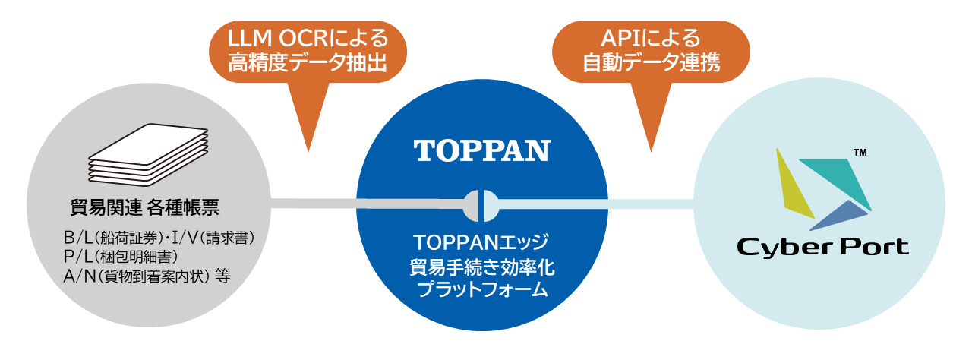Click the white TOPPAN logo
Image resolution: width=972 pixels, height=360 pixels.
click(481, 150)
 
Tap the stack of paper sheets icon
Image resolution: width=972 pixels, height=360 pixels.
click(148, 155)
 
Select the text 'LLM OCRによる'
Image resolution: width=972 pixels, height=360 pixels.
click(308, 38)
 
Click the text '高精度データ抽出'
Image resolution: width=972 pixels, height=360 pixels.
click(308, 62)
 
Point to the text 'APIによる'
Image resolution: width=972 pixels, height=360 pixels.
click(651, 38)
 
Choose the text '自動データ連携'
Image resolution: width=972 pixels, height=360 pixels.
click(651, 62)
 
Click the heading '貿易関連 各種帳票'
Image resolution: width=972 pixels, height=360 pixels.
click(144, 207)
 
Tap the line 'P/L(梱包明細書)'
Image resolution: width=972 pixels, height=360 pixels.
click(121, 257)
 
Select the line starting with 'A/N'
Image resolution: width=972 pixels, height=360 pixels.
click(147, 276)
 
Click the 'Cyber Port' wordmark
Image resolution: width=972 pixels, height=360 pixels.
click(822, 248)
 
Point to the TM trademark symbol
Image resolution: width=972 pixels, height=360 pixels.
click(860, 153)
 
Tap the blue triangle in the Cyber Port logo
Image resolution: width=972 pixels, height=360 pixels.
click(841, 216)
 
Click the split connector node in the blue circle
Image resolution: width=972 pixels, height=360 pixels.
click(481, 206)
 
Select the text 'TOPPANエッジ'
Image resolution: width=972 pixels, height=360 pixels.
click(481, 242)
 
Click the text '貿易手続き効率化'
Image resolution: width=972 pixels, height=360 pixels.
click(481, 267)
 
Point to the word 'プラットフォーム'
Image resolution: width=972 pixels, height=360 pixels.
click(481, 289)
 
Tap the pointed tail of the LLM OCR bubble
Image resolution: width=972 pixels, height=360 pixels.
click(308, 151)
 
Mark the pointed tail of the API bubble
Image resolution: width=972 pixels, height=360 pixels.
click(651, 151)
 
